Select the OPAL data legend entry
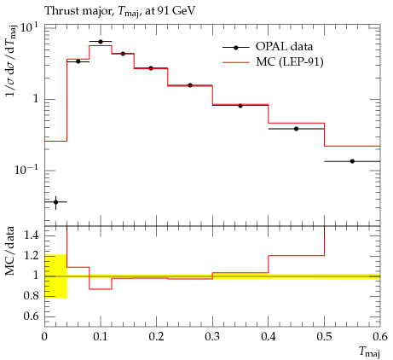(268, 47)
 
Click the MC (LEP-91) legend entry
(273, 62)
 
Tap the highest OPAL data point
(101, 42)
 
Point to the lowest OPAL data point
(55, 202)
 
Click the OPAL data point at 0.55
(352, 161)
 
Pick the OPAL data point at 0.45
(297, 129)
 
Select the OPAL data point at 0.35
(240, 106)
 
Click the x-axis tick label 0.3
(212, 337)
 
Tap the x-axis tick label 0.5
(324, 337)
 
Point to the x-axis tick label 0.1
(101, 337)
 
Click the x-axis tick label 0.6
(380, 337)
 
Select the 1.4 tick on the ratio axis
(31, 235)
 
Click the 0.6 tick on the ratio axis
(31, 316)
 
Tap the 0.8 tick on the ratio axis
(31, 296)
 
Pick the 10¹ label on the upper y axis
(29, 28)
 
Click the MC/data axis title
(10, 251)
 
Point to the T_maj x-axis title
(369, 351)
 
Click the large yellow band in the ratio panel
(55, 276)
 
